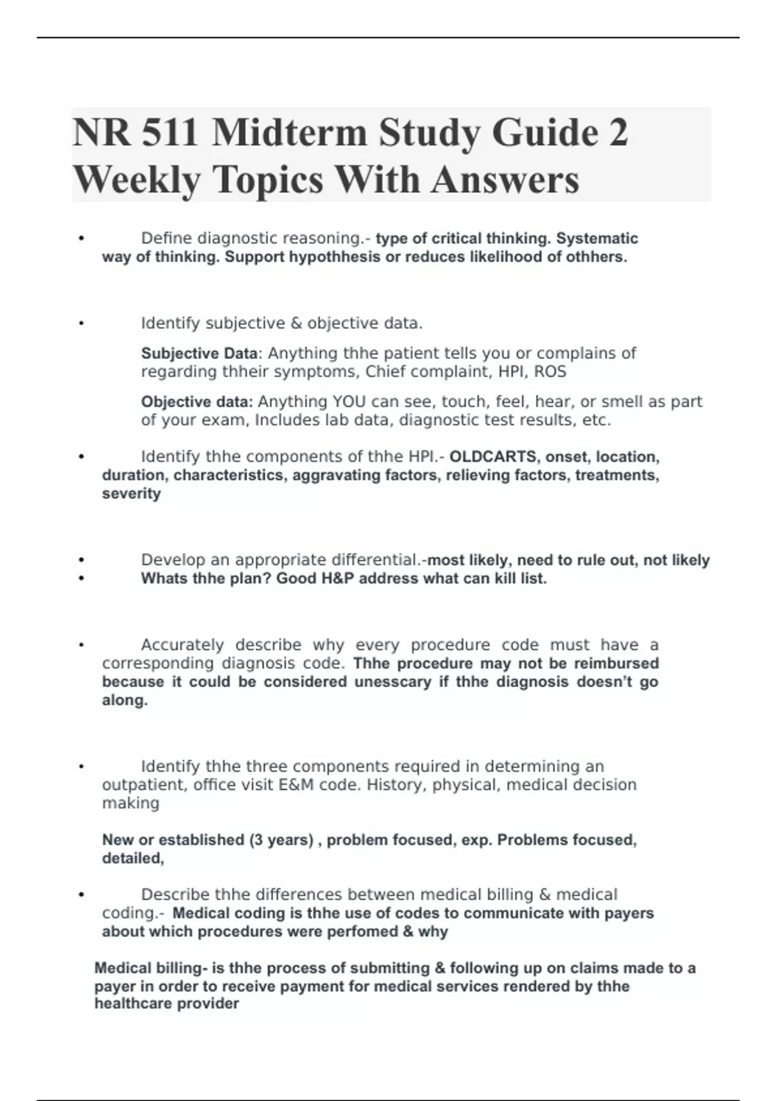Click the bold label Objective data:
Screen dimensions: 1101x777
(x=197, y=402)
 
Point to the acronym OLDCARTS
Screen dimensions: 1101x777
(x=493, y=457)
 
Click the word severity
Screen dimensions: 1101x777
(x=131, y=494)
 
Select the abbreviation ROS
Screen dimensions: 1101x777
(x=550, y=372)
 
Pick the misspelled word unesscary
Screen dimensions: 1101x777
(x=392, y=682)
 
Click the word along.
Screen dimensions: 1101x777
(x=125, y=700)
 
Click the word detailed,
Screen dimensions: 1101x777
(x=133, y=858)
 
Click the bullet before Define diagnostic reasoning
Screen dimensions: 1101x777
(x=81, y=239)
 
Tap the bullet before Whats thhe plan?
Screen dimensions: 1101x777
(x=81, y=578)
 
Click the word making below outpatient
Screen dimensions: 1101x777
(x=131, y=803)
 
